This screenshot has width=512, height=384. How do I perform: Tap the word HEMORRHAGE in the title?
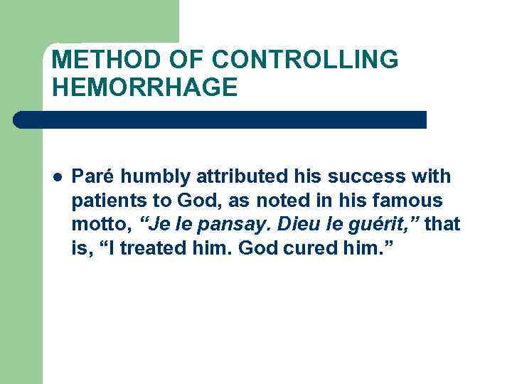[x=144, y=87]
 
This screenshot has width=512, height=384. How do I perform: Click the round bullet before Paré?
[x=57, y=176]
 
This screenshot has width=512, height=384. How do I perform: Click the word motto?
[x=100, y=225]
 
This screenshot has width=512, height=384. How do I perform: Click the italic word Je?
[x=154, y=225]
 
